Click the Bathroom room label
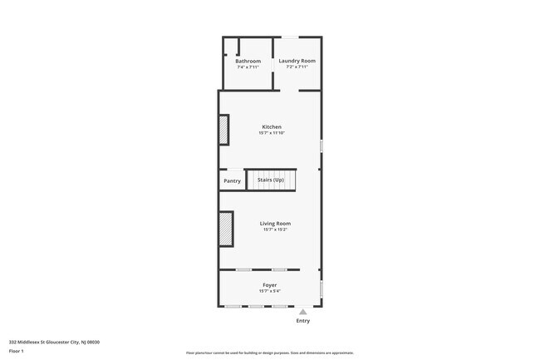click(x=248, y=61)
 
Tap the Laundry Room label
click(x=297, y=61)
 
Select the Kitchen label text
click(x=272, y=126)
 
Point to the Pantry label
click(x=233, y=180)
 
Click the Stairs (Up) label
click(x=271, y=180)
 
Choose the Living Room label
click(x=275, y=223)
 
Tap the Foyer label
click(x=270, y=285)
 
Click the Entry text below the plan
click(x=303, y=321)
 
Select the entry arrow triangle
click(x=303, y=312)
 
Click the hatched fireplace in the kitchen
click(x=223, y=130)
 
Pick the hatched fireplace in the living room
click(x=225, y=229)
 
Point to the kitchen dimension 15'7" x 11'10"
click(x=272, y=133)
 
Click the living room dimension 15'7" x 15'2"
click(x=275, y=229)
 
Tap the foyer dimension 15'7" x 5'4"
click(x=270, y=291)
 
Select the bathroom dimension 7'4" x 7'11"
click(x=248, y=67)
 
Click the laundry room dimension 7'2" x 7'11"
click(x=297, y=67)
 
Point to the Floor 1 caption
click(x=17, y=351)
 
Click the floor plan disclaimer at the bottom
click(x=270, y=353)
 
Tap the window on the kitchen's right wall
click(x=322, y=145)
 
